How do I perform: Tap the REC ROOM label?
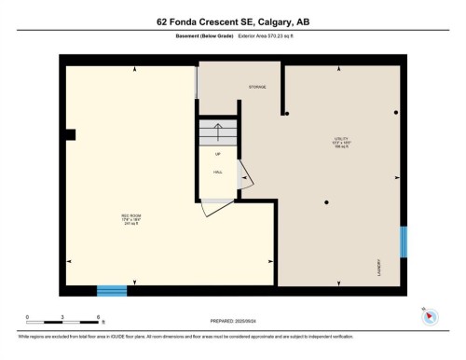click(x=129, y=219)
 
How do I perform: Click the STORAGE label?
click(x=257, y=87)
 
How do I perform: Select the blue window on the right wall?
click(x=404, y=242)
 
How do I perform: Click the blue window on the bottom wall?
click(x=112, y=290)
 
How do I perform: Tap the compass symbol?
click(x=429, y=315)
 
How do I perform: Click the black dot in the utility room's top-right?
click(x=395, y=113)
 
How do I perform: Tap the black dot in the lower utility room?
click(x=326, y=202)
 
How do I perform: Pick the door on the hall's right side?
click(x=244, y=173)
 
